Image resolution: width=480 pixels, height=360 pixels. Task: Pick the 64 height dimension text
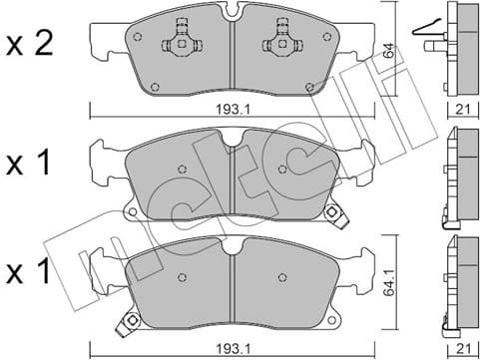(390, 50)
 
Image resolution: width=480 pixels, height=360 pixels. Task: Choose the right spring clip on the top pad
(278, 45)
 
